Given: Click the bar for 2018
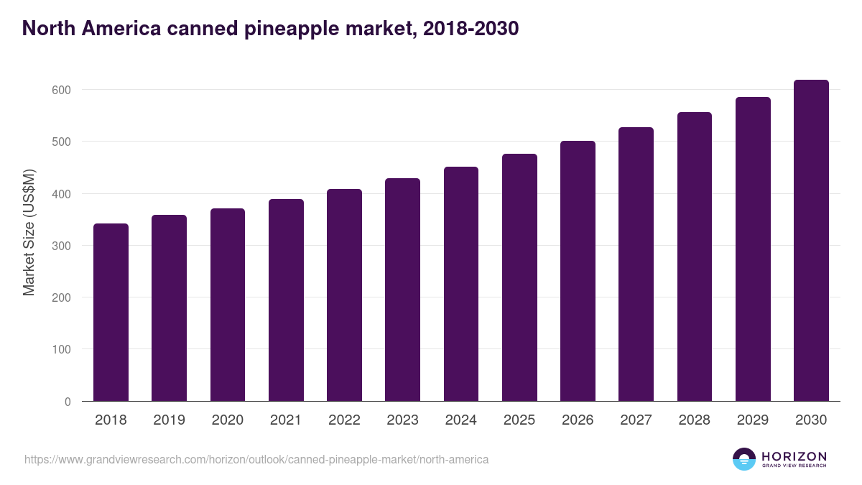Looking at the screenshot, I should coord(111,313).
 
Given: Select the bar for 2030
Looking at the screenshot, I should coord(811,241).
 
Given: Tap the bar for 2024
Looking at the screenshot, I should coord(461,284).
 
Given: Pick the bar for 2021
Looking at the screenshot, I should coord(286,300).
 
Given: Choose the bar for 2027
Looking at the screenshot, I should coord(636,264).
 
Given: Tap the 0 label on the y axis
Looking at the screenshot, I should coord(68,402).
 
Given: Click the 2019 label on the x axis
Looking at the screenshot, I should coord(169,420).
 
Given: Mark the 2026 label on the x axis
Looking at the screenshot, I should coord(578,420).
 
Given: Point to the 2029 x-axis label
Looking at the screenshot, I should coord(753,420).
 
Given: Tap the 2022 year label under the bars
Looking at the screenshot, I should coord(344,420).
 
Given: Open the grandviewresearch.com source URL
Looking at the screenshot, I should coord(256,459).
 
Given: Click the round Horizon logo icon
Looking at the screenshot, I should coord(744,459).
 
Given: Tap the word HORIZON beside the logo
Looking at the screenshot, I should coord(794,456).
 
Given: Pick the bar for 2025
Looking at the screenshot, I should coord(519,277).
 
